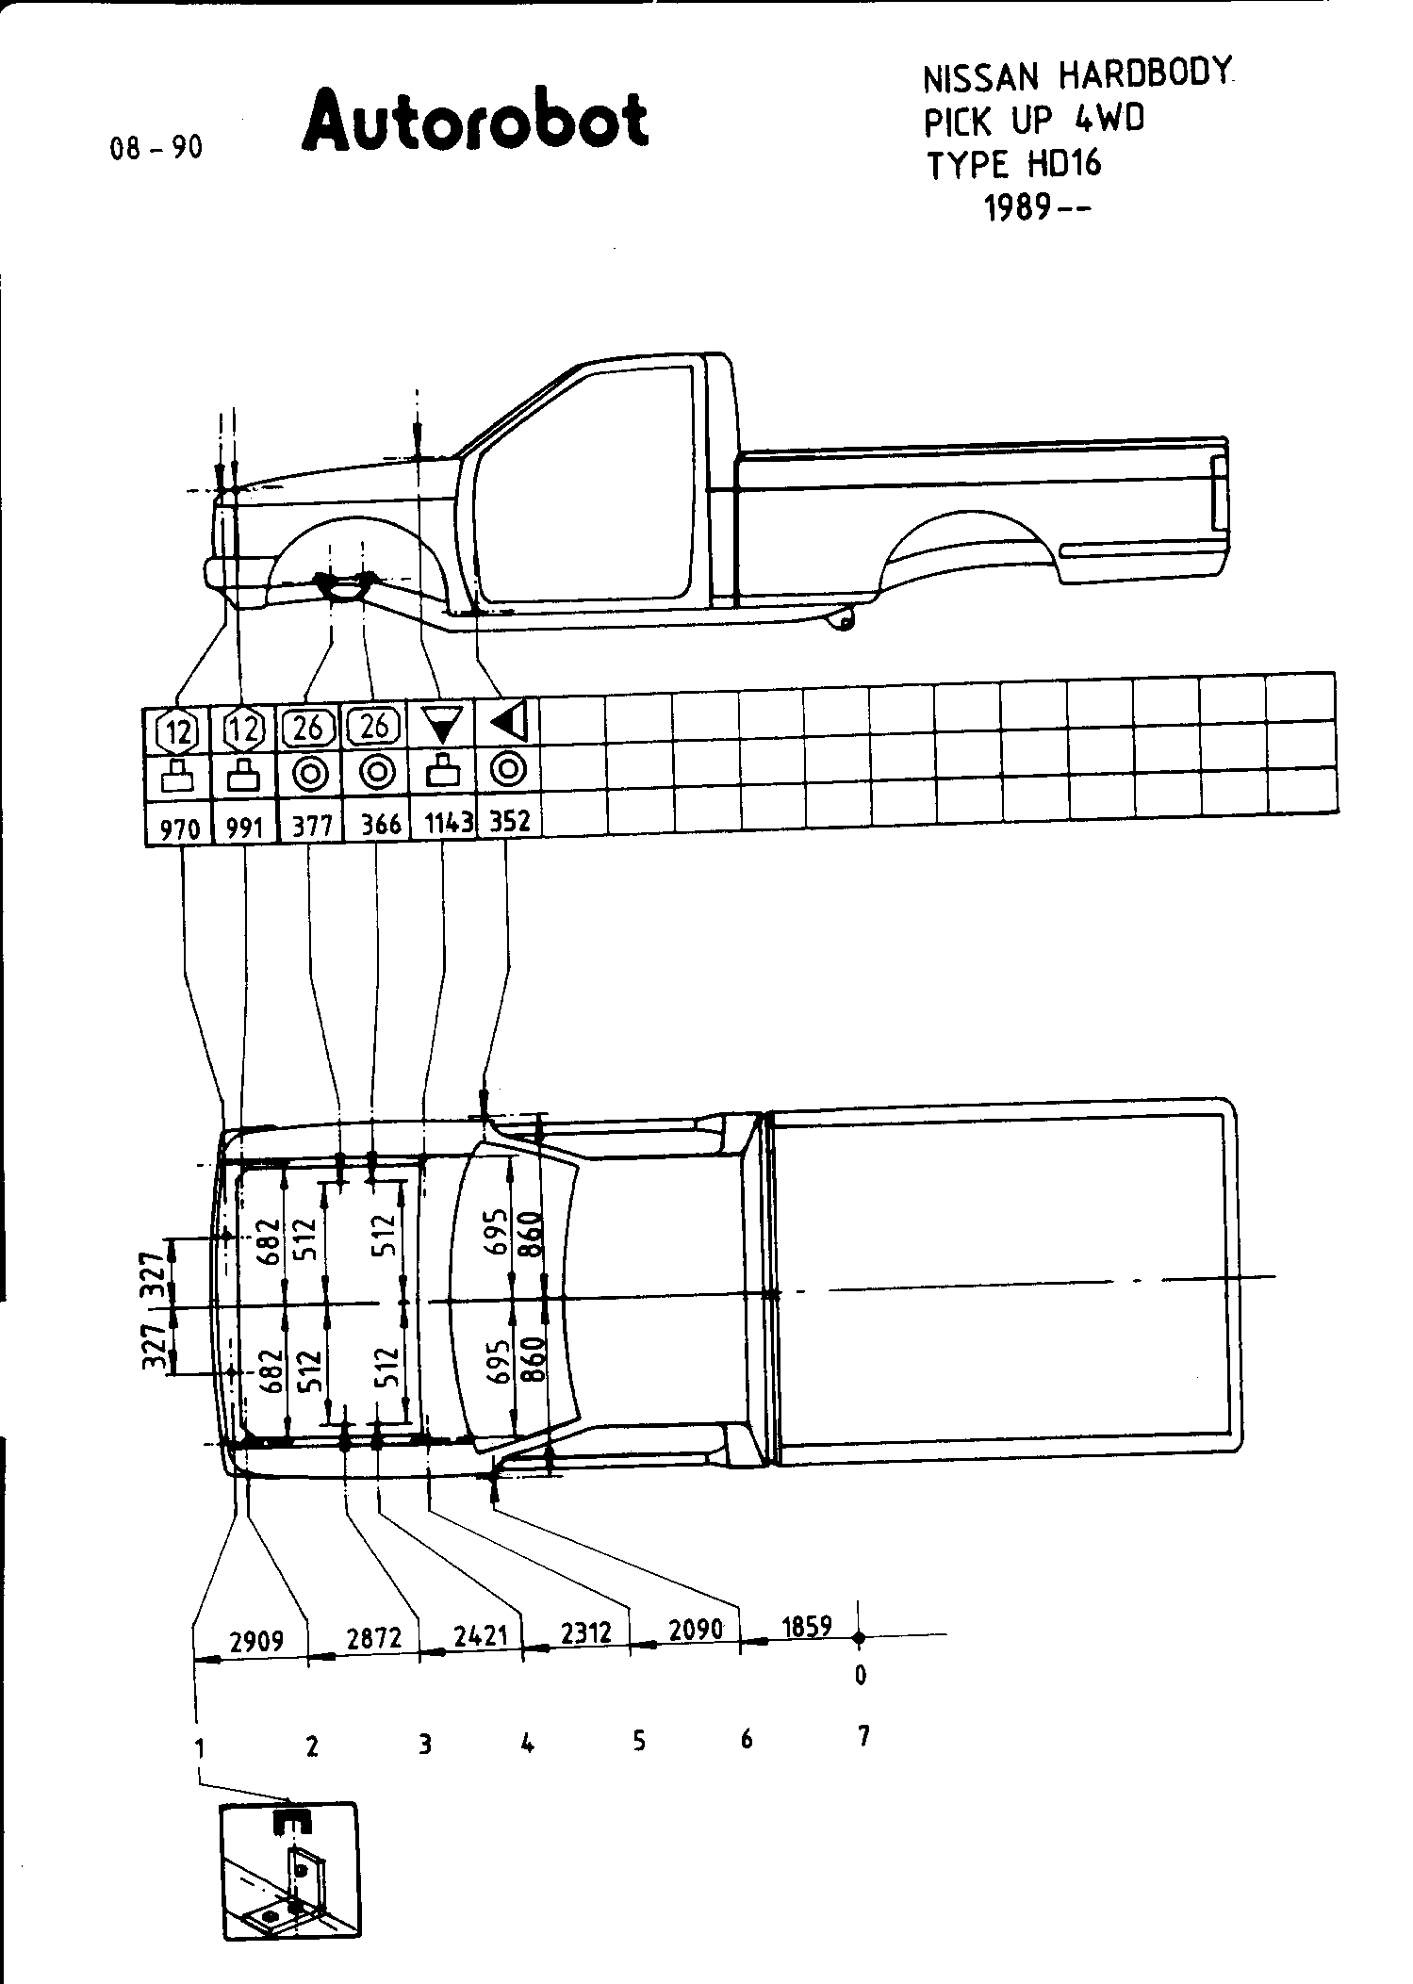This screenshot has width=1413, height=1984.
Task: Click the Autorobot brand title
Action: click(x=475, y=120)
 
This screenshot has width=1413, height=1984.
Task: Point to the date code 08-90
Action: click(x=156, y=148)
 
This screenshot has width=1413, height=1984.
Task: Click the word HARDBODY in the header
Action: click(x=1144, y=75)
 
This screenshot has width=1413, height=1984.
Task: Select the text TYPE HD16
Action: click(x=1014, y=165)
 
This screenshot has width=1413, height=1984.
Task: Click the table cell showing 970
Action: click(x=179, y=828)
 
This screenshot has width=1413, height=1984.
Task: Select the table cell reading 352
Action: click(x=510, y=820)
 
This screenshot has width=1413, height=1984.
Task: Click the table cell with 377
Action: click(x=312, y=827)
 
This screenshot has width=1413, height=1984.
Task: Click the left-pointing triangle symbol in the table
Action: click(x=509, y=722)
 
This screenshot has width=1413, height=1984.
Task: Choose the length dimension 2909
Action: click(x=256, y=1641)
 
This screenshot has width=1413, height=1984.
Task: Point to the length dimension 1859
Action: click(x=806, y=1627)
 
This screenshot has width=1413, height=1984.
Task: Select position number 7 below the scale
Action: click(x=863, y=1735)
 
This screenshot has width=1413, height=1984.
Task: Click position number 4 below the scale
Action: click(x=528, y=1744)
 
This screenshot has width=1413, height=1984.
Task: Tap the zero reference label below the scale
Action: click(x=860, y=1675)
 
